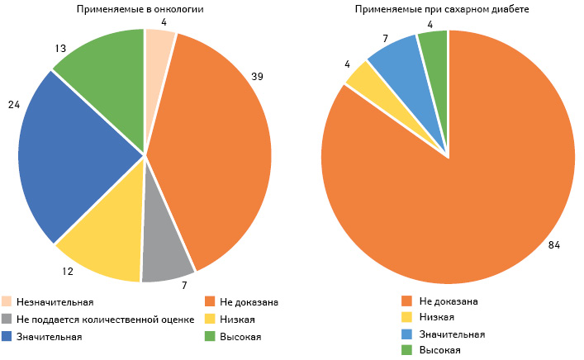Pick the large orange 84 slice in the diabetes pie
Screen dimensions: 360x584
coord(463,206)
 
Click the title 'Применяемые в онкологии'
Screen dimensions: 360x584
coord(145,10)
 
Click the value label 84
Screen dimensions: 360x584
coord(554,244)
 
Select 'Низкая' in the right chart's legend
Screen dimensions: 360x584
coord(438,318)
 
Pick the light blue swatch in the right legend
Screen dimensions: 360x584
coord(406,334)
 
